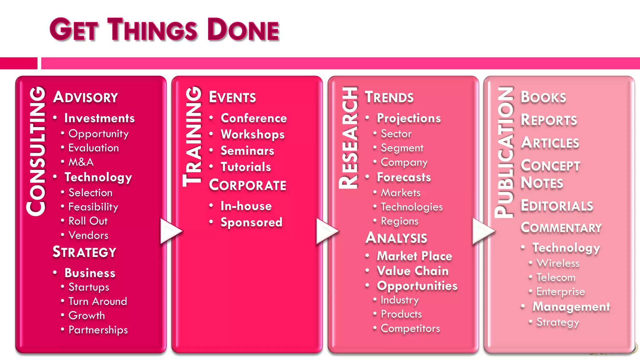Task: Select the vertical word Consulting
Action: (37, 151)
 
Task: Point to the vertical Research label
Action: (348, 137)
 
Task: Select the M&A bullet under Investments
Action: (81, 162)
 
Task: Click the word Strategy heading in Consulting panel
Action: (84, 252)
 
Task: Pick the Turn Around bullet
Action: (97, 301)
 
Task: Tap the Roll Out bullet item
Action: (88, 221)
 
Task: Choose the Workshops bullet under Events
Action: (252, 134)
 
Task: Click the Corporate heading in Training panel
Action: (247, 185)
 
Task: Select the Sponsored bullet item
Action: (251, 222)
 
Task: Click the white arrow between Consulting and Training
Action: (170, 231)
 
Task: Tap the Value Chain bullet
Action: (412, 271)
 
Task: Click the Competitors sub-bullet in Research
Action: (410, 328)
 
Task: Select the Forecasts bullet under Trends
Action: (404, 177)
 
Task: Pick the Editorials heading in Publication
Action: (557, 206)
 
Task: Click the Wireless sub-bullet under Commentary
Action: (558, 263)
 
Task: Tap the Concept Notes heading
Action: (550, 174)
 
